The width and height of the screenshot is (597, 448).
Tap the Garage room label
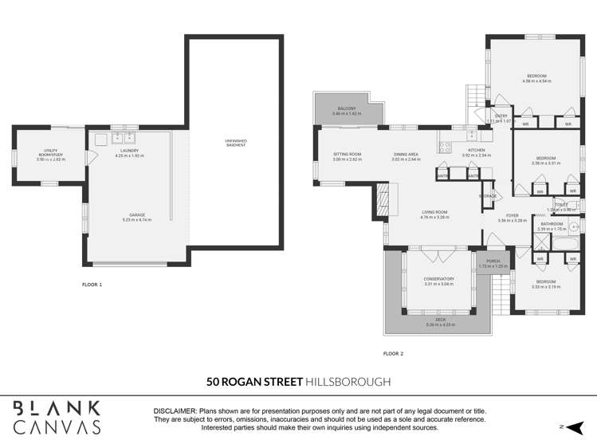(x=139, y=215)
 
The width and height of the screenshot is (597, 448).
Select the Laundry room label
(x=130, y=151)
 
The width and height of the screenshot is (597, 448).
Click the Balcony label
(x=346, y=108)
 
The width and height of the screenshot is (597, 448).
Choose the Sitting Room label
(x=348, y=154)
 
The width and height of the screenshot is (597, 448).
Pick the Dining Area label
(x=406, y=154)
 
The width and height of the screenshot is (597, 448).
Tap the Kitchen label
(x=477, y=150)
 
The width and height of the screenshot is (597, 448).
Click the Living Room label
(x=435, y=212)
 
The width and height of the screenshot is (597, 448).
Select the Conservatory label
(x=438, y=279)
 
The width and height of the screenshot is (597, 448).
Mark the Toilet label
(x=556, y=205)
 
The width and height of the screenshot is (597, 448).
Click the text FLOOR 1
(x=92, y=285)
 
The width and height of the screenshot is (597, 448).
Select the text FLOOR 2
(x=393, y=352)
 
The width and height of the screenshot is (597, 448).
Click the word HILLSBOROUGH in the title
(x=348, y=383)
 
